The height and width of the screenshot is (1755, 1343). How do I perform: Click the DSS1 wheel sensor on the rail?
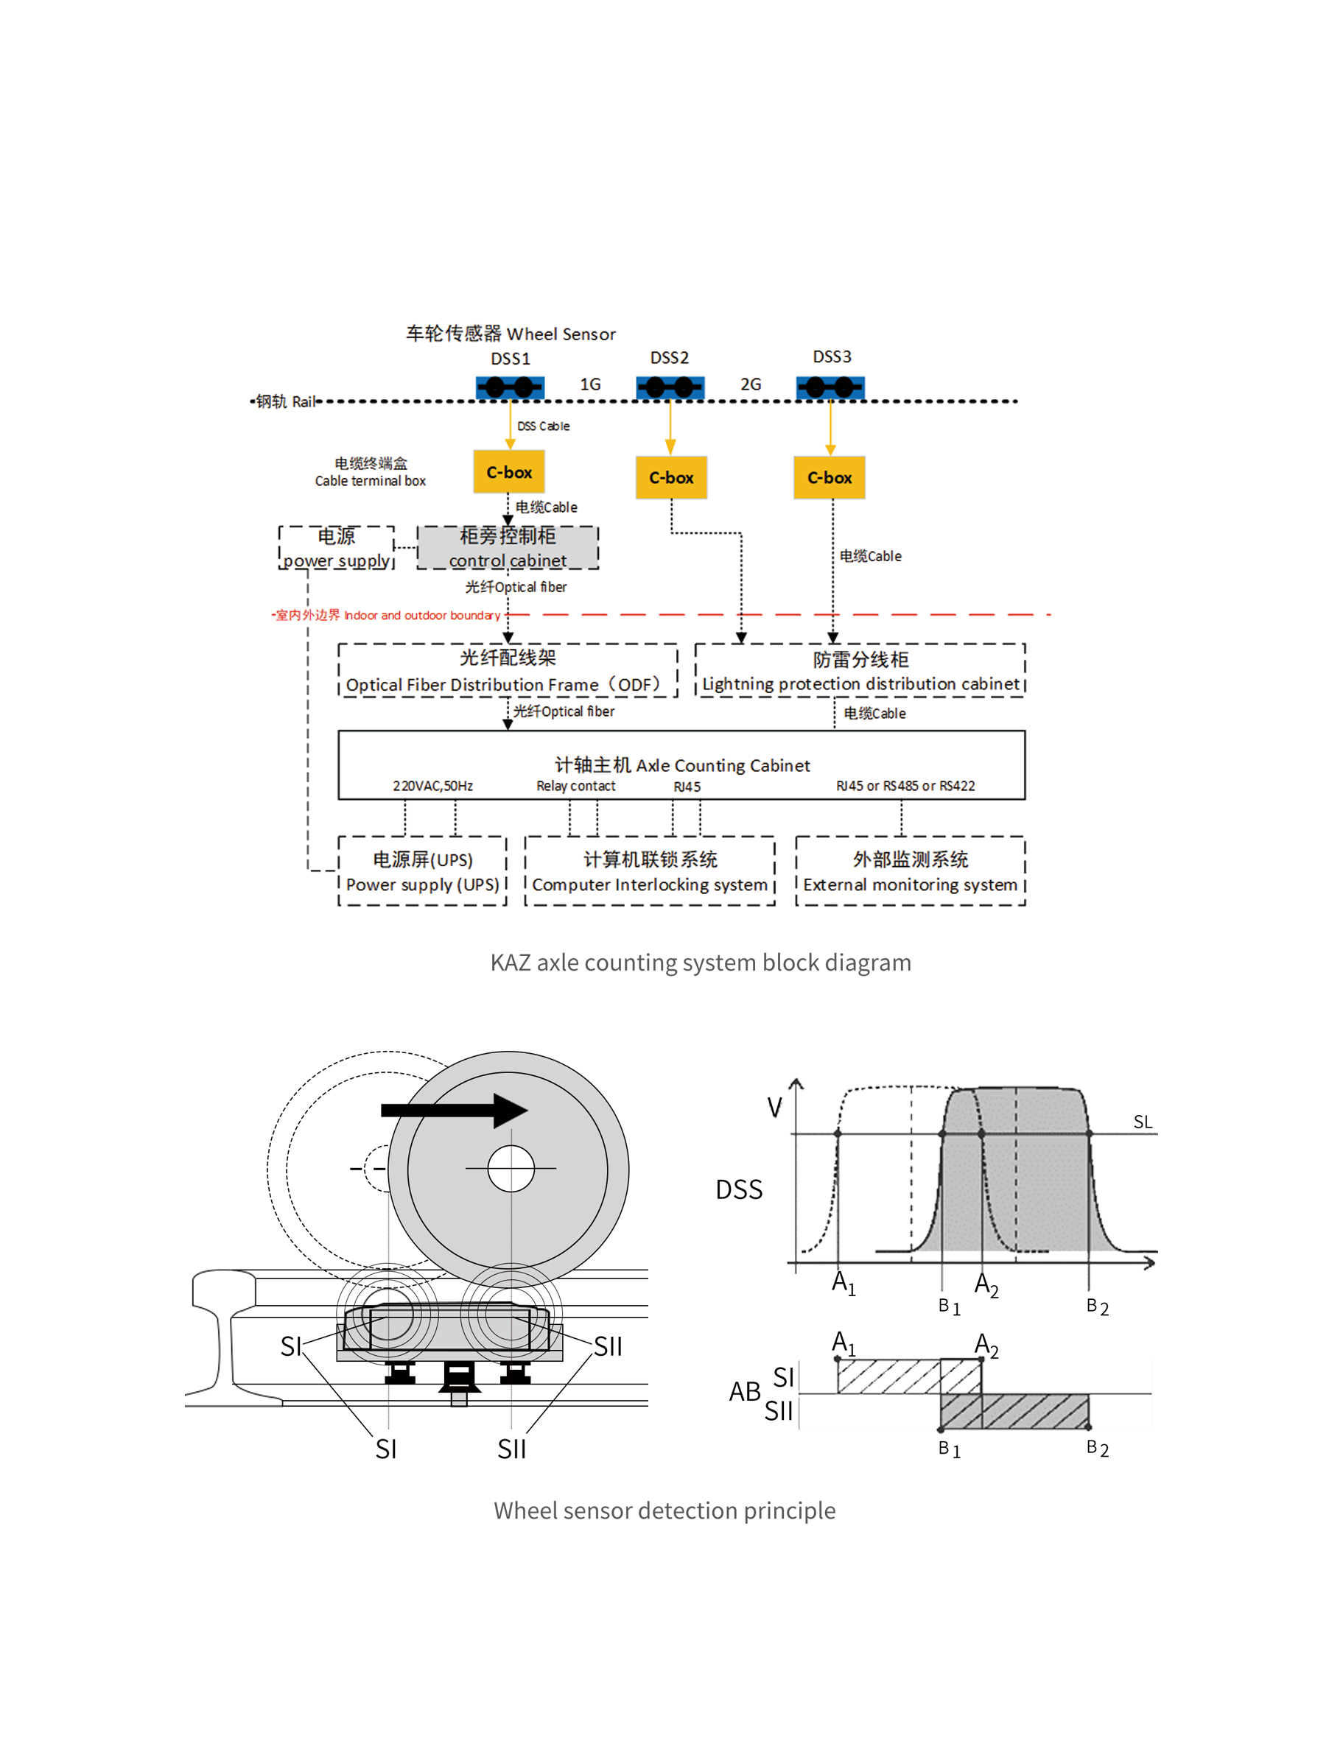(x=510, y=387)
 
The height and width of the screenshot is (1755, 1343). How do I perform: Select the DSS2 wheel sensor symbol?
(x=670, y=387)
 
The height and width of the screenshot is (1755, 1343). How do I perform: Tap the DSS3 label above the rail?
(x=832, y=356)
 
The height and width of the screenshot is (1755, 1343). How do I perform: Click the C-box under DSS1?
(x=509, y=472)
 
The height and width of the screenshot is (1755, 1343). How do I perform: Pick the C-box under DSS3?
(x=829, y=477)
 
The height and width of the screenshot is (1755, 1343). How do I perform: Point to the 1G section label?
(x=590, y=384)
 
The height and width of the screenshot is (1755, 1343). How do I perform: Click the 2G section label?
(x=750, y=384)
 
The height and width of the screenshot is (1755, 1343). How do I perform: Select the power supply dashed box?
(x=337, y=547)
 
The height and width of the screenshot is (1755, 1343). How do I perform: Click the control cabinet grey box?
(x=508, y=547)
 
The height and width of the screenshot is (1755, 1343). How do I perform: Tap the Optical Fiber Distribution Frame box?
(x=508, y=670)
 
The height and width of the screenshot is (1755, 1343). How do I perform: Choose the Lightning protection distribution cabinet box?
(x=860, y=670)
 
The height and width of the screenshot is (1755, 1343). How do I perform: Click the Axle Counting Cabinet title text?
(x=682, y=764)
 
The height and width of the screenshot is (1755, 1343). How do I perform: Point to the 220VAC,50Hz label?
(x=432, y=787)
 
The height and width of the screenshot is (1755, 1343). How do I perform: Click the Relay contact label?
(x=575, y=787)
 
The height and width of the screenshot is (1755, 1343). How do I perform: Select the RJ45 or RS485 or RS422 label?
(x=905, y=787)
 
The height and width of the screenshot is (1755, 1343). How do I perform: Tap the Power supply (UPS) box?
(x=422, y=871)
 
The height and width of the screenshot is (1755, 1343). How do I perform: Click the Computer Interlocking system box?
(x=649, y=871)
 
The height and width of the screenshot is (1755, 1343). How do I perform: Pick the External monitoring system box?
(x=910, y=871)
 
